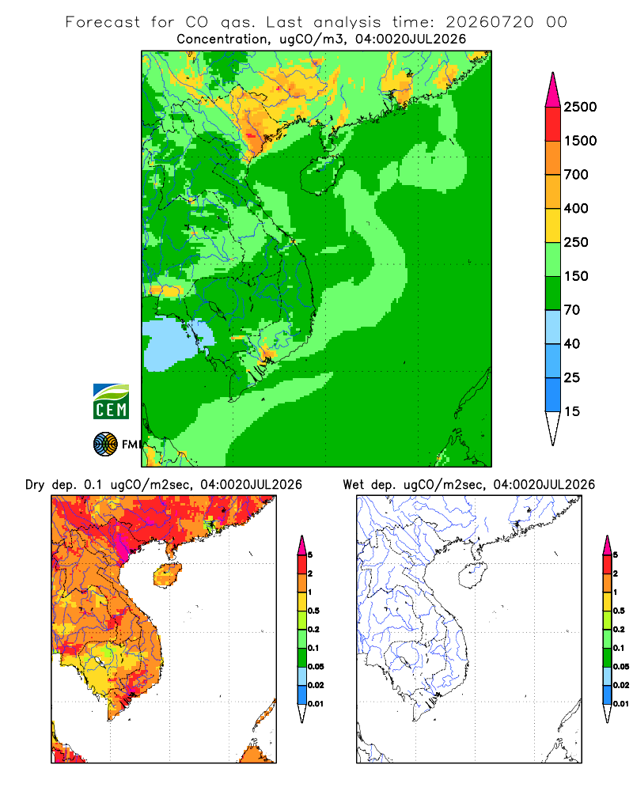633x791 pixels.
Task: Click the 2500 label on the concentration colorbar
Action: (x=580, y=107)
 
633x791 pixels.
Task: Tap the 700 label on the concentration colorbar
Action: (x=576, y=175)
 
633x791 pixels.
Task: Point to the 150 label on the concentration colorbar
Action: (x=576, y=276)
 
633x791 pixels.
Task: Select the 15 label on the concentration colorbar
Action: (x=572, y=411)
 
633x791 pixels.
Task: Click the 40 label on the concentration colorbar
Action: (x=572, y=343)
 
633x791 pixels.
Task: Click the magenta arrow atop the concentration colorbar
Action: (x=553, y=90)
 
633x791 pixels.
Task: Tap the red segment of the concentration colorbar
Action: (x=553, y=124)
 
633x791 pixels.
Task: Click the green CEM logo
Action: (x=111, y=402)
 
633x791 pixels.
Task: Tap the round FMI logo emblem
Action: (x=105, y=445)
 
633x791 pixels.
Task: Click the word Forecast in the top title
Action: (x=103, y=22)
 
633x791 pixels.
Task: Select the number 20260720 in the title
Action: (x=489, y=22)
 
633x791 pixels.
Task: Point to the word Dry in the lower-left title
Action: (x=35, y=485)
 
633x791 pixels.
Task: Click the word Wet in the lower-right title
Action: (x=353, y=485)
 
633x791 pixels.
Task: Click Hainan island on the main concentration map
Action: (x=321, y=174)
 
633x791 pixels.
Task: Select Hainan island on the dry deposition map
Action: (x=167, y=575)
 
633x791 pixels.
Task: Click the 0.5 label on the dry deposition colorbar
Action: (x=313, y=611)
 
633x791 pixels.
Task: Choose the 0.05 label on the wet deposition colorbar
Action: (x=621, y=667)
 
